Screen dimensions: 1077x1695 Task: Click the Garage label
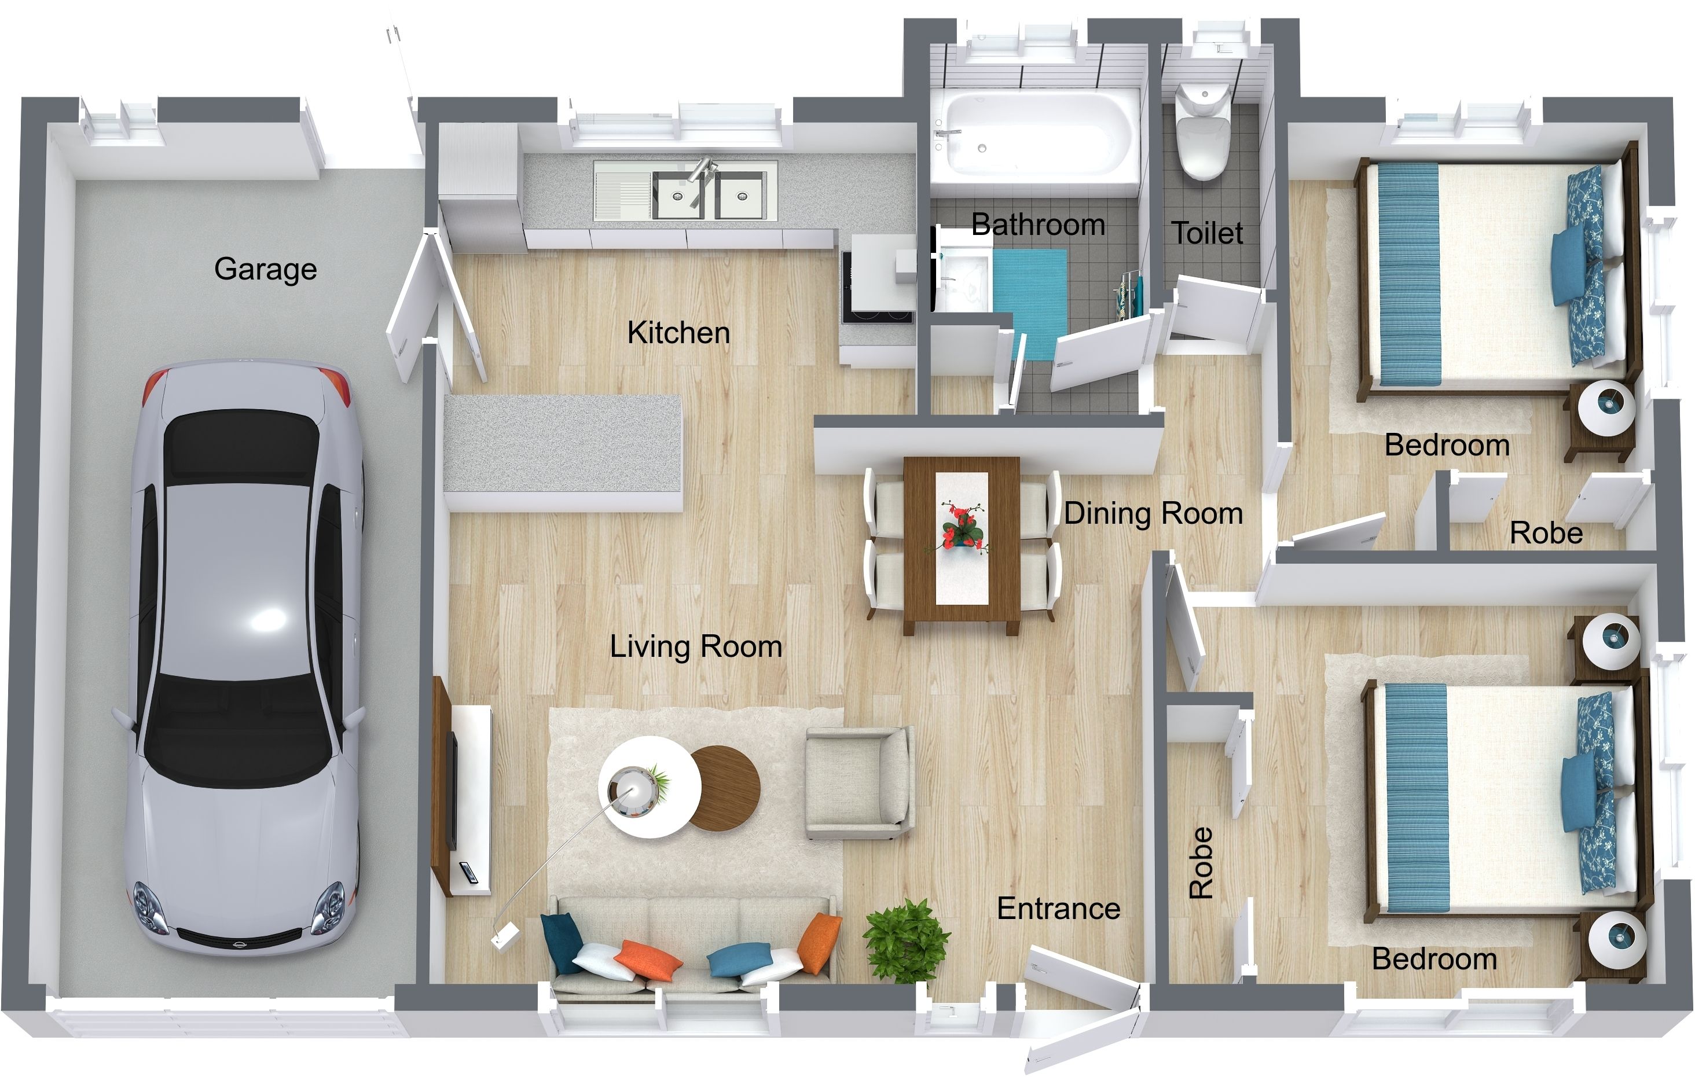click(x=265, y=269)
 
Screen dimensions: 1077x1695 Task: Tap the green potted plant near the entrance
click(x=907, y=940)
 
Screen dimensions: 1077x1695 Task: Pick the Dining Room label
click(x=1153, y=513)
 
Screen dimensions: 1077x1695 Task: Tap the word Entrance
click(x=1059, y=909)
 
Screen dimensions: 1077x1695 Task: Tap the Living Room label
click(x=695, y=646)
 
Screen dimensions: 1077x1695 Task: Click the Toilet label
click(x=1206, y=233)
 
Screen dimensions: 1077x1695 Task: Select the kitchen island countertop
click(x=563, y=443)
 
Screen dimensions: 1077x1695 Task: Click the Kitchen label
click(x=678, y=332)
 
